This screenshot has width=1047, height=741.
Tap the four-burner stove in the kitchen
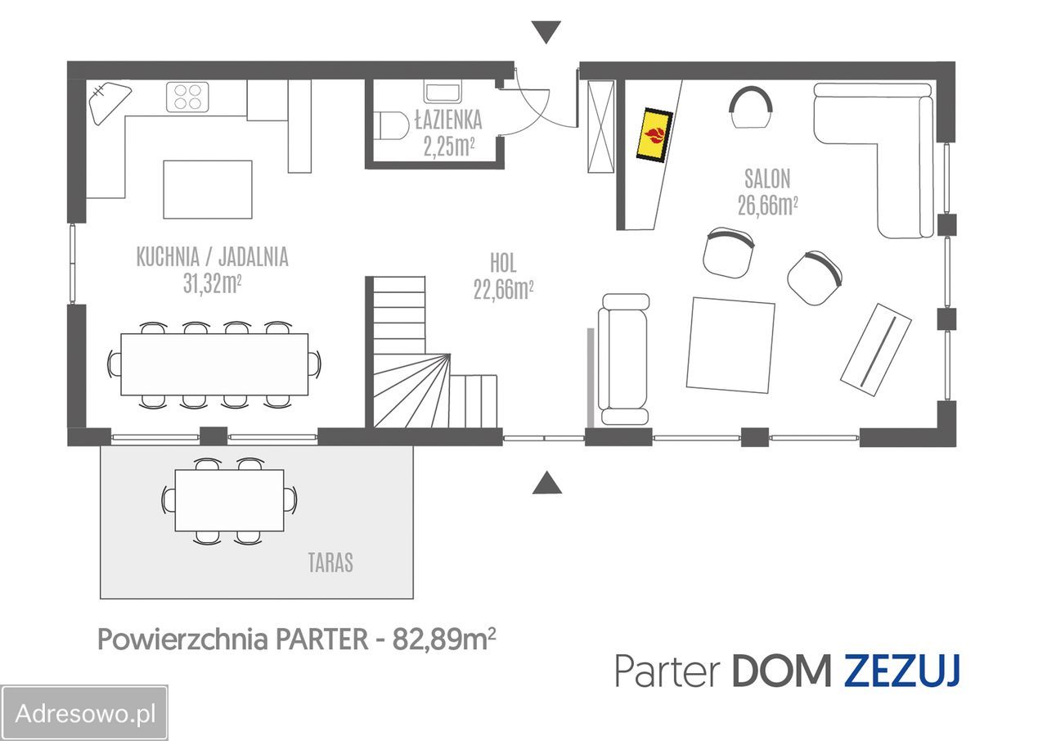186,97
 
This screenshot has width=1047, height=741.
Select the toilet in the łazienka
393,125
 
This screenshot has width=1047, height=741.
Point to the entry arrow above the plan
546,32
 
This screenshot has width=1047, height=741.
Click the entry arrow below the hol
546,484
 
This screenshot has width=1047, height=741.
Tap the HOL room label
503,264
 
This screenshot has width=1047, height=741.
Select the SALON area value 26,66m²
766,205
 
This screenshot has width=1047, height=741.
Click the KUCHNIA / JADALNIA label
212,257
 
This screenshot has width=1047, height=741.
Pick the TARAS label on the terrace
330,563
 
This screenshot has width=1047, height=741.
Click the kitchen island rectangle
207,189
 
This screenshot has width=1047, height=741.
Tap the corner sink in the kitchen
106,102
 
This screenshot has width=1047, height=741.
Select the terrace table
230,500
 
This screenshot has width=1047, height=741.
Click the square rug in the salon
730,345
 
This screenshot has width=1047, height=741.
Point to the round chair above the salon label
752,108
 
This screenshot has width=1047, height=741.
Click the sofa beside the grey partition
623,359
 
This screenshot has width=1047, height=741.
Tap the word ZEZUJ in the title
901,671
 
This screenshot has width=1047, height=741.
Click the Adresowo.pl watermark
85,713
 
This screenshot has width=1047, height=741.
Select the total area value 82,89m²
444,639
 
